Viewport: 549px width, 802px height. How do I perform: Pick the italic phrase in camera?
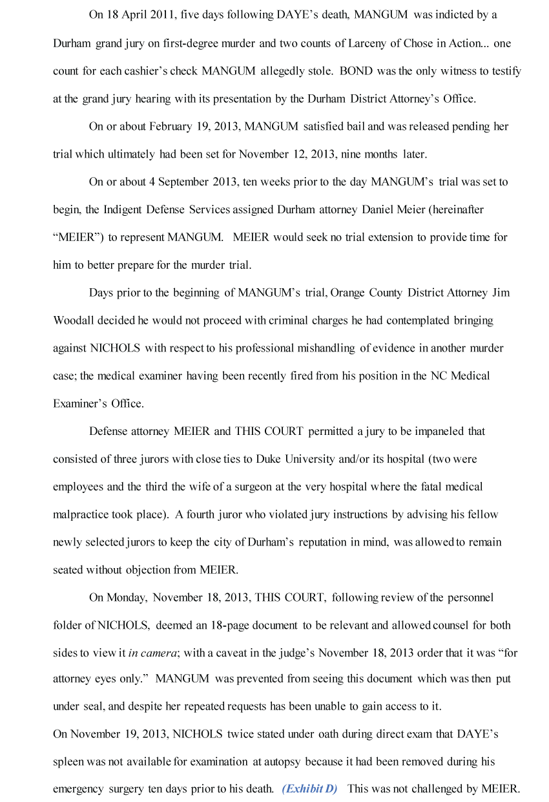(152, 653)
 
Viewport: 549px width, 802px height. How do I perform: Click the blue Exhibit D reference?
(309, 789)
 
